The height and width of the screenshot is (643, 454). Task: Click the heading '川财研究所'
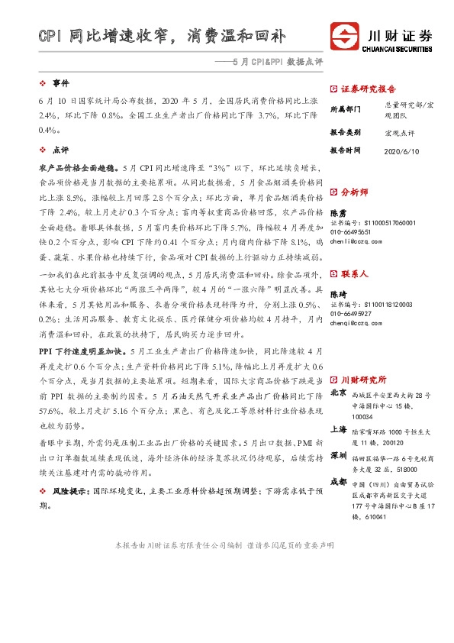(363, 380)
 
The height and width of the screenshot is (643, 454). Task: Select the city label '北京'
(337, 393)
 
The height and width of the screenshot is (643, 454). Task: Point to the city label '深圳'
(337, 456)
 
